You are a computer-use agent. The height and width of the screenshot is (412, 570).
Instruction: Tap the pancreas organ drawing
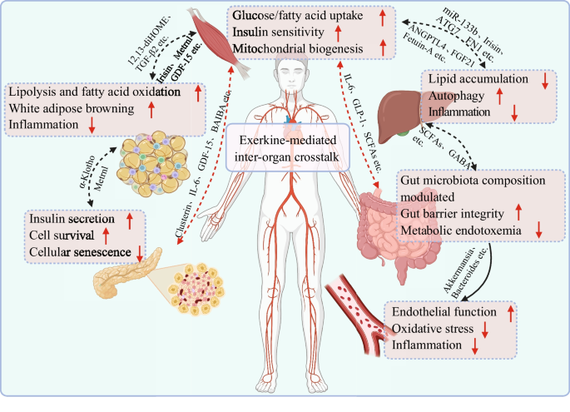(x=127, y=273)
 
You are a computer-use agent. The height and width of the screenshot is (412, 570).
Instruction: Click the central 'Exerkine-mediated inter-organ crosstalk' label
(x=287, y=148)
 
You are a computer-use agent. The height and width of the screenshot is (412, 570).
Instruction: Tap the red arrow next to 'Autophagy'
(x=499, y=96)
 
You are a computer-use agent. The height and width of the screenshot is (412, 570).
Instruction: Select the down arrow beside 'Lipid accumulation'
(x=544, y=81)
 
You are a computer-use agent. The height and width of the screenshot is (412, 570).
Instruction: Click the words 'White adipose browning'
(x=72, y=108)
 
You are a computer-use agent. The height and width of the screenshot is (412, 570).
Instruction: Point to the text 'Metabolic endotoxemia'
(x=461, y=231)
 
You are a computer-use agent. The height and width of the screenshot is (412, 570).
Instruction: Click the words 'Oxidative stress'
(x=433, y=329)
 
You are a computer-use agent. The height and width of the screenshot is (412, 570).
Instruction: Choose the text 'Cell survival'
(x=62, y=236)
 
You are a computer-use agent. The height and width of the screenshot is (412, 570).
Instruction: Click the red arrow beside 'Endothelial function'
(x=511, y=313)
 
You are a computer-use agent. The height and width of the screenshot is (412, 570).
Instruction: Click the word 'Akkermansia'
(x=458, y=271)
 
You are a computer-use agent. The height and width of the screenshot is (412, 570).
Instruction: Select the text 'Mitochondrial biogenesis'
(x=298, y=49)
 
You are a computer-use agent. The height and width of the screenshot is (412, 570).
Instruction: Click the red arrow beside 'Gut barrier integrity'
(x=518, y=212)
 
